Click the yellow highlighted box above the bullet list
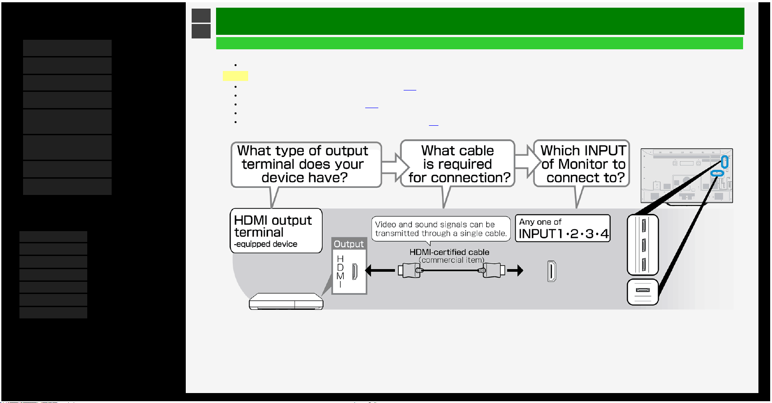tap(235, 76)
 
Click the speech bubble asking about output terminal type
tap(306, 165)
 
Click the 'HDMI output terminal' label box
tap(276, 231)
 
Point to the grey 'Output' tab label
tap(348, 244)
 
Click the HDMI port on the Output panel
tap(355, 271)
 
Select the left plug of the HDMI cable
tap(409, 270)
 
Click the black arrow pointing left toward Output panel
tap(380, 270)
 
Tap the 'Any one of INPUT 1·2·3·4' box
tap(563, 228)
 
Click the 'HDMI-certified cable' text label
tap(449, 252)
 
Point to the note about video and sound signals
tap(441, 228)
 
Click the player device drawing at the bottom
tap(286, 301)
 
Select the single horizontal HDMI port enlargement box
tap(643, 292)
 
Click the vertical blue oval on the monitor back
tap(725, 161)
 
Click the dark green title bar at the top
tap(480, 21)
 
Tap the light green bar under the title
tap(480, 43)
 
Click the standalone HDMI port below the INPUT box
tap(552, 271)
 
